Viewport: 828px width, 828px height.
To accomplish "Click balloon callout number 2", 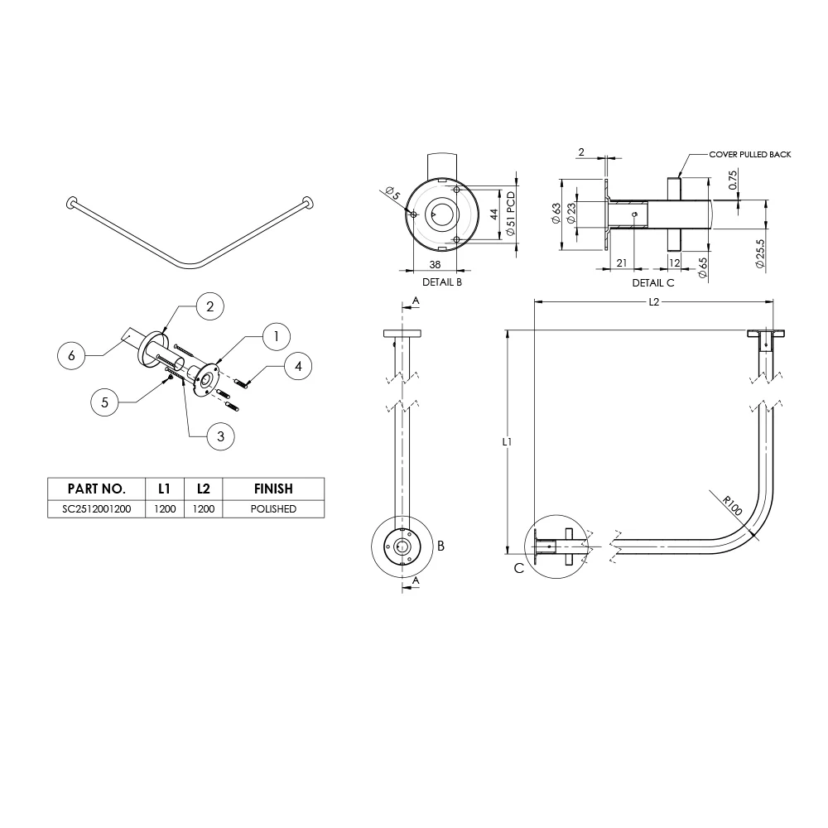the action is [x=209, y=306].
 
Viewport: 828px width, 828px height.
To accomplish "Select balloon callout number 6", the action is [x=71, y=355].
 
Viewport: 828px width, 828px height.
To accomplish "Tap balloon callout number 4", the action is [x=298, y=366].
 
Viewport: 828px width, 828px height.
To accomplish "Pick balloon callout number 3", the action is [x=220, y=436].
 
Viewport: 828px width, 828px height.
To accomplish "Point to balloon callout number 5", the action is [x=104, y=402].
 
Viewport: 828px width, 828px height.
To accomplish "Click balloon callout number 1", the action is [x=276, y=336].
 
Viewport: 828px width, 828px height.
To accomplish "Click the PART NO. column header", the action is [x=97, y=489].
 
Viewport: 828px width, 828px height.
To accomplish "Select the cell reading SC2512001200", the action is [x=97, y=509].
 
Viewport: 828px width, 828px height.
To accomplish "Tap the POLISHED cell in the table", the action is [x=273, y=509].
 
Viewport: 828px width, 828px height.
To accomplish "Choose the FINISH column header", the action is [x=273, y=489].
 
